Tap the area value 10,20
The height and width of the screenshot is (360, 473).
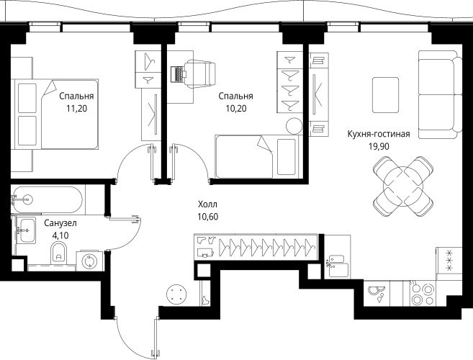(237, 110)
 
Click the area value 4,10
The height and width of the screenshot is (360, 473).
(60, 237)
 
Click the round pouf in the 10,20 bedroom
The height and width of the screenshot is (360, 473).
(294, 126)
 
